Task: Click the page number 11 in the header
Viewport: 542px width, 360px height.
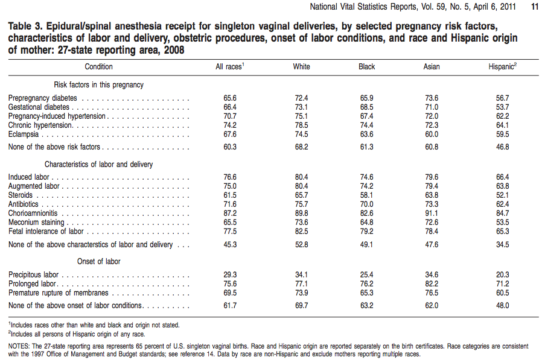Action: (x=534, y=7)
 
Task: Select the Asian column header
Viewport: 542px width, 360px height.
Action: (x=432, y=66)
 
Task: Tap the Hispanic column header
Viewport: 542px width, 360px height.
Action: (x=502, y=66)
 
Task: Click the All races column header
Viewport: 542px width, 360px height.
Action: (x=229, y=66)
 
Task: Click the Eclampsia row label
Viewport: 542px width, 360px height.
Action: (x=24, y=134)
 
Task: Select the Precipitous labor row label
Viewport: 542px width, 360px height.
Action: (x=33, y=275)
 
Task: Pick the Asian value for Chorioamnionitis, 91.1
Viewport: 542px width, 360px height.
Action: (x=432, y=213)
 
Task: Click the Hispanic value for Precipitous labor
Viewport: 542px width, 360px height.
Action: (x=502, y=275)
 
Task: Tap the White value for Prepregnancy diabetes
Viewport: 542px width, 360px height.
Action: (x=301, y=98)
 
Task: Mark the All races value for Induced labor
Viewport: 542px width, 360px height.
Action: (x=229, y=177)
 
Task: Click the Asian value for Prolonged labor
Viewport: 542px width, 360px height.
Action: (x=432, y=284)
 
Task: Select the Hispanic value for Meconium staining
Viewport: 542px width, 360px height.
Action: (x=502, y=223)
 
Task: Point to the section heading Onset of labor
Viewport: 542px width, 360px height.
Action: (x=98, y=262)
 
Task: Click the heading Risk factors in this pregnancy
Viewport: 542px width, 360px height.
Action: (x=98, y=85)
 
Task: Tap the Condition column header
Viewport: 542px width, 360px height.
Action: (x=98, y=66)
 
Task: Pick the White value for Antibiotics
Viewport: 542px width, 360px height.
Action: (x=301, y=204)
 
